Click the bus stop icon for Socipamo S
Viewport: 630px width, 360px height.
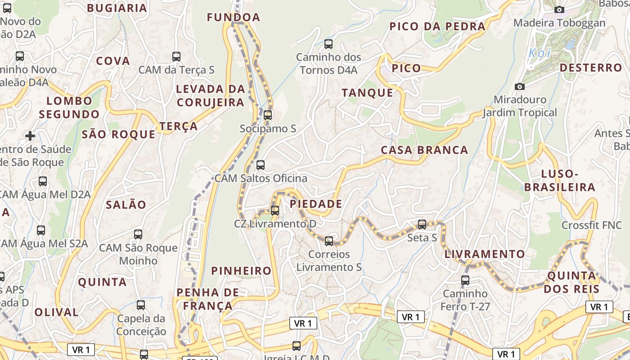pyautogui.click(x=268, y=115)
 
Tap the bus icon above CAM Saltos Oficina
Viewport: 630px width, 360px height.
pyautogui.click(x=261, y=165)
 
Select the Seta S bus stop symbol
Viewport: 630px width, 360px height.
pyautogui.click(x=422, y=225)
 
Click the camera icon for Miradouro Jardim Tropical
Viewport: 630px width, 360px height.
pyautogui.click(x=520, y=86)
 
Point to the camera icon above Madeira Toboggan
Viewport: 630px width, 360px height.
pyautogui.click(x=559, y=9)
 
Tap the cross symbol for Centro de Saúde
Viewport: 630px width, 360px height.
pyautogui.click(x=30, y=136)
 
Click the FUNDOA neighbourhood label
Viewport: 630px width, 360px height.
pyautogui.click(x=234, y=18)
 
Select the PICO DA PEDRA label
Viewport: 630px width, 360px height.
pyautogui.click(x=437, y=27)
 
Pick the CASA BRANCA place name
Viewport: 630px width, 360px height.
pyautogui.click(x=424, y=150)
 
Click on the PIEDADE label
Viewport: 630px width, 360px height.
pyautogui.click(x=316, y=204)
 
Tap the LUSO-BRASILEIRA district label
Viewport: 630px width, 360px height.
pyautogui.click(x=560, y=180)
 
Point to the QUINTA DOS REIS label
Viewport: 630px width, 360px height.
pyautogui.click(x=571, y=282)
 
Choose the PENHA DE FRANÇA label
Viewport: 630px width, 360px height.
pyautogui.click(x=207, y=299)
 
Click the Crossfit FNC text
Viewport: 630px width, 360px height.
pyautogui.click(x=591, y=225)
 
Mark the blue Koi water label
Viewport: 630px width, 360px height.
pyautogui.click(x=539, y=53)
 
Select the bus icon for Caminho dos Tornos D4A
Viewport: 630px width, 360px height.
pyautogui.click(x=328, y=44)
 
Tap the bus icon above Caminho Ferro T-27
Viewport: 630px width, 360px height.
pyautogui.click(x=465, y=280)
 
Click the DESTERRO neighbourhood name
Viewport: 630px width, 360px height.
pyautogui.click(x=590, y=68)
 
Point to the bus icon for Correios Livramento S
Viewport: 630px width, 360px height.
pyautogui.click(x=329, y=241)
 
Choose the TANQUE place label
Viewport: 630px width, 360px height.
pyautogui.click(x=367, y=93)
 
